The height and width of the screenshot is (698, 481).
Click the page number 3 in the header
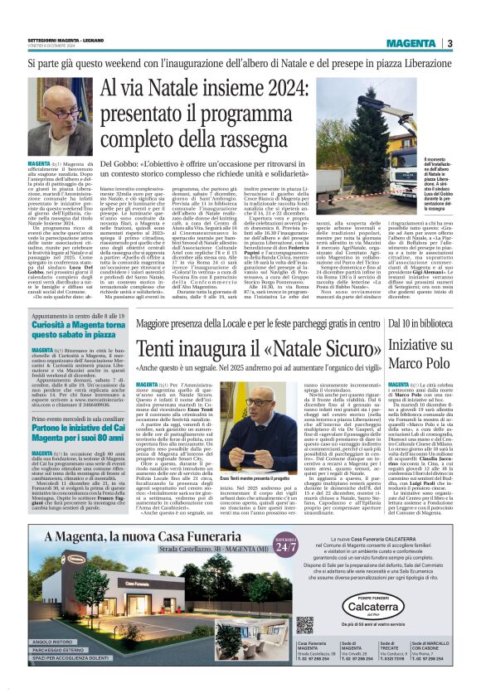coord(449,43)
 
